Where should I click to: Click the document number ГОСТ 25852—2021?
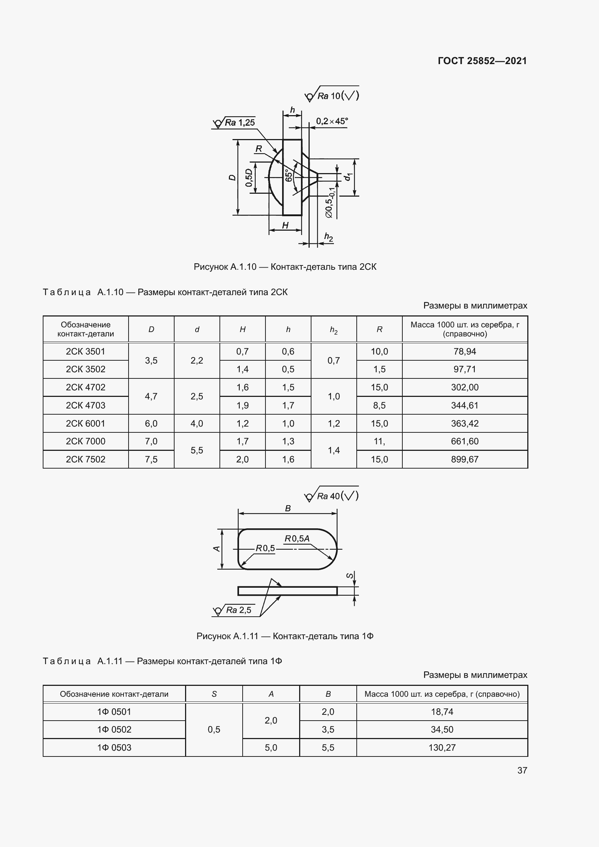(482, 61)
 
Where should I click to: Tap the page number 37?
(522, 770)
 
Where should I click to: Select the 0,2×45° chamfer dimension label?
(332, 121)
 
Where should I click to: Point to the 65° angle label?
(289, 175)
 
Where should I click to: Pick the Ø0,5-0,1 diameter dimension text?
(329, 202)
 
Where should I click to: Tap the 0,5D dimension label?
(249, 177)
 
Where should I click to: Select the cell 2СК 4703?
(85, 406)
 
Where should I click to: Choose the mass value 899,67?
(464, 459)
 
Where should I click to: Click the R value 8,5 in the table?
(379, 406)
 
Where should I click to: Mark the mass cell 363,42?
(464, 424)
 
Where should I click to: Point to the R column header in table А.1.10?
(379, 330)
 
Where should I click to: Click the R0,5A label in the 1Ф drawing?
(297, 538)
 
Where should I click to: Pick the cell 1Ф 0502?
(114, 729)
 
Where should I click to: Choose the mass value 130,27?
(442, 747)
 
